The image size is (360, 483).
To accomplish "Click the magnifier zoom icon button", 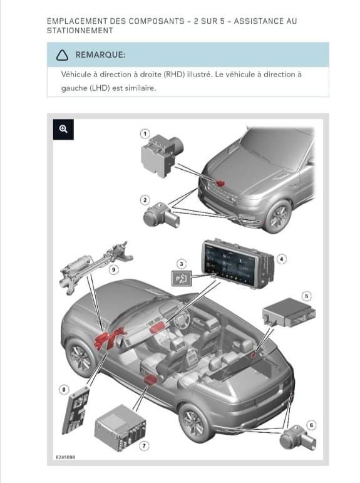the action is [63, 130].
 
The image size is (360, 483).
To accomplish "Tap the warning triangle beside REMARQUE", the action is [62, 55].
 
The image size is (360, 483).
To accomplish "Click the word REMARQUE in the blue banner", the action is [100, 55].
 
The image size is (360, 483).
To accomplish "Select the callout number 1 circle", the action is [145, 134].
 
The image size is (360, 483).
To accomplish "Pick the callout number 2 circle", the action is [145, 200].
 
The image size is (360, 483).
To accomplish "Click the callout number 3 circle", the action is [182, 264].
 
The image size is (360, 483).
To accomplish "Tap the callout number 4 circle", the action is [282, 259].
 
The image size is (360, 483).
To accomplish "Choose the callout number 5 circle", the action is [306, 296].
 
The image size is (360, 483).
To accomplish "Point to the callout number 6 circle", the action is [311, 425].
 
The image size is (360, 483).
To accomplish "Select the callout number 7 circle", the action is [144, 446].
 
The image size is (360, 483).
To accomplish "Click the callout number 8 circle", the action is [64, 390].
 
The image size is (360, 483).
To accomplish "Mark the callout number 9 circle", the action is [114, 270].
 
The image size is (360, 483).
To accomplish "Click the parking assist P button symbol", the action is [182, 279].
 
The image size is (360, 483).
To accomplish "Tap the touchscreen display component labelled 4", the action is [237, 264].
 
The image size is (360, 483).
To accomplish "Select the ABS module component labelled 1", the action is [162, 155].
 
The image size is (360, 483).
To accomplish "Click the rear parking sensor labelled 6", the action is [297, 437].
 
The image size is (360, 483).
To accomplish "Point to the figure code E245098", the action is [66, 457].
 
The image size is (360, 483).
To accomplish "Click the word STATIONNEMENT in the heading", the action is [80, 31].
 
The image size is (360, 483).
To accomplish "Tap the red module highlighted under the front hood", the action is [220, 184].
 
